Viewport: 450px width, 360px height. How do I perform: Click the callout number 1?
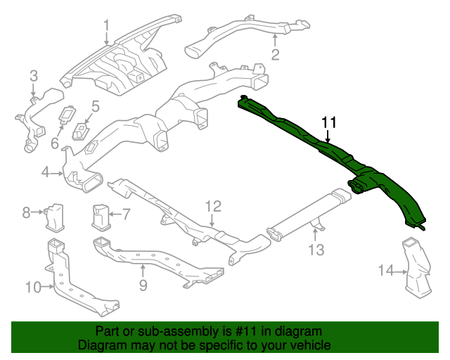(107, 27)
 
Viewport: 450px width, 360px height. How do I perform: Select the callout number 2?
(276, 55)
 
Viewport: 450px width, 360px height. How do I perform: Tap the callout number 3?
(33, 76)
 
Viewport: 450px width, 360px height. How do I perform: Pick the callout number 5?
(95, 107)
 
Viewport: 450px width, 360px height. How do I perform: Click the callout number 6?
(54, 143)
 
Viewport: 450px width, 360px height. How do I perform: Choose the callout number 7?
(126, 213)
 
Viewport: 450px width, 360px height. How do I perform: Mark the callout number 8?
(26, 211)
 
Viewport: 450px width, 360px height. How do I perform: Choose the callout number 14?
(386, 271)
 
